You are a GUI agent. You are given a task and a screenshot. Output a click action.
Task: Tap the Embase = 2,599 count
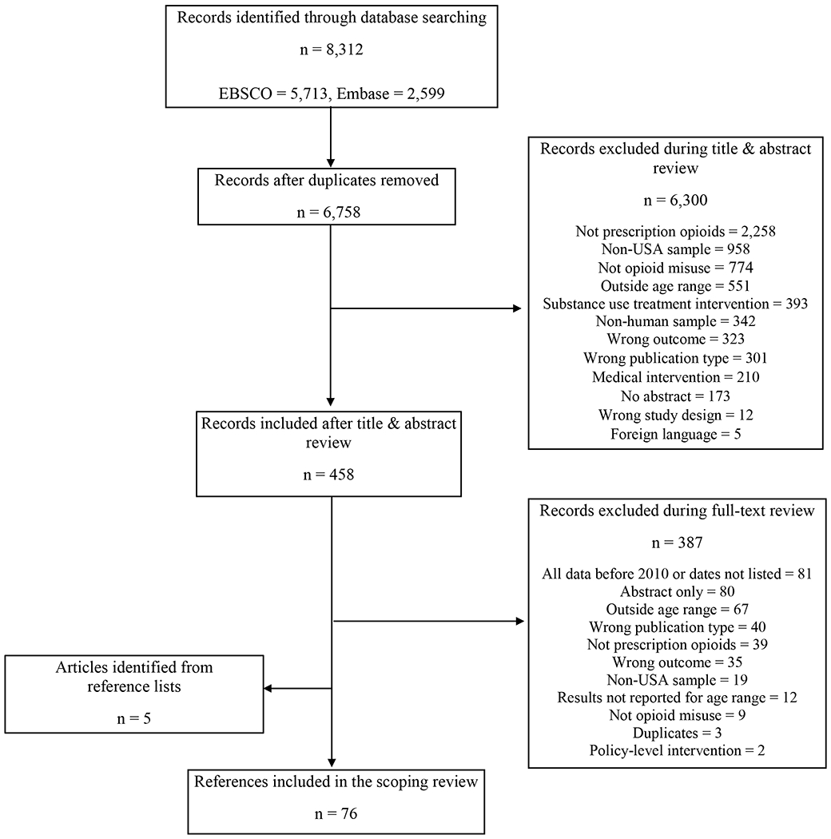(x=391, y=93)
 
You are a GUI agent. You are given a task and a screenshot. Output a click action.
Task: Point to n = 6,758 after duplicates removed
(x=328, y=213)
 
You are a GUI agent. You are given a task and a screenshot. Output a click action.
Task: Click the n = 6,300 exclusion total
(x=675, y=200)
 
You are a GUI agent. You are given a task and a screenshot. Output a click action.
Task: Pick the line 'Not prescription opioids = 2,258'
(x=675, y=231)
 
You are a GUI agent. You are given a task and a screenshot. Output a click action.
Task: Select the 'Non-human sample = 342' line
(x=675, y=321)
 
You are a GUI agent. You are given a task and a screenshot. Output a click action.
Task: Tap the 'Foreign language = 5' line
(x=675, y=434)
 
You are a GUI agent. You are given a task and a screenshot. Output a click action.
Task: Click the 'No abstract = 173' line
(x=675, y=396)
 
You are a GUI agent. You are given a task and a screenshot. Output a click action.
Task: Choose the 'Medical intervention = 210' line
(x=675, y=377)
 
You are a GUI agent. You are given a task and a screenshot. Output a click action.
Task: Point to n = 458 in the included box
(x=328, y=475)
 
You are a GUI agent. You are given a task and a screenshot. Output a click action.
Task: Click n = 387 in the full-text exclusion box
(x=677, y=543)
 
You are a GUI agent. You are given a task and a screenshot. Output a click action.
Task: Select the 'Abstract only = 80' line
(x=677, y=591)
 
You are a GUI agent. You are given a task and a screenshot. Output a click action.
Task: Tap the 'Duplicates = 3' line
(x=677, y=733)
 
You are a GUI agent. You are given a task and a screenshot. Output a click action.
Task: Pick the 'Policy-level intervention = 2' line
(x=677, y=751)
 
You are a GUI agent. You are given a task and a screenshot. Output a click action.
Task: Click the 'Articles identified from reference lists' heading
(x=133, y=677)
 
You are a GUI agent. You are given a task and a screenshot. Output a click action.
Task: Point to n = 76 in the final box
(x=336, y=814)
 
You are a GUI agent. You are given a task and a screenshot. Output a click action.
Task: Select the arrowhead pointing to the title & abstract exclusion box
(x=517, y=308)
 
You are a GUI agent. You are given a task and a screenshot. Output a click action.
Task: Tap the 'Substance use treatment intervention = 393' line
(x=675, y=304)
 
